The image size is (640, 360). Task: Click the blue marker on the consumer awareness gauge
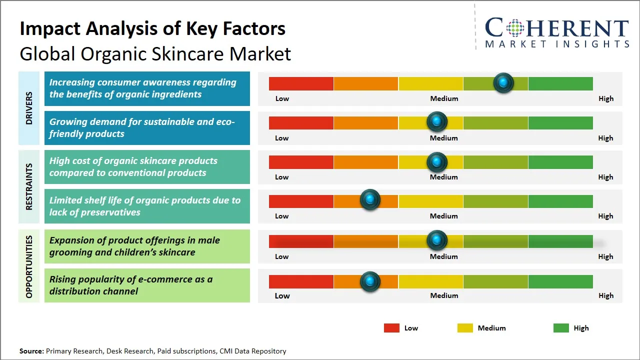point(503,82)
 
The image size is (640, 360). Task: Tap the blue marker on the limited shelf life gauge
point(370,200)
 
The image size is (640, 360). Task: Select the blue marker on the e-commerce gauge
point(370,281)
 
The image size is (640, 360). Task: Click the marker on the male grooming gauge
point(437,240)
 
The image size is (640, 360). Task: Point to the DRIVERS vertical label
point(29,108)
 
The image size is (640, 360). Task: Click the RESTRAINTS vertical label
point(29,186)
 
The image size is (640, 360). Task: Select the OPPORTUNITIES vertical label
point(29,266)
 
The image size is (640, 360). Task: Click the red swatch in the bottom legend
point(391,328)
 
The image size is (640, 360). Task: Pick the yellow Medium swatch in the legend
point(465,328)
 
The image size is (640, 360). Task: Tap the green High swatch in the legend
point(561,328)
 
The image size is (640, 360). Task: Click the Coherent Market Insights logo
point(556,33)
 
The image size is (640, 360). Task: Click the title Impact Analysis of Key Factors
point(152,28)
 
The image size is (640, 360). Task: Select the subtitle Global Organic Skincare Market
point(155,54)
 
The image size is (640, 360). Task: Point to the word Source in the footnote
point(31,351)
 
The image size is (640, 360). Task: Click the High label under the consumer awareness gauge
point(605,98)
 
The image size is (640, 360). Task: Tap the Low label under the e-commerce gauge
point(282,295)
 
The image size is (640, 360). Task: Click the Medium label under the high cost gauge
point(443,177)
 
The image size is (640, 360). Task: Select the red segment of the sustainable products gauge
point(301,123)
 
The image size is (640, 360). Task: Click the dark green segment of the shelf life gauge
point(560,201)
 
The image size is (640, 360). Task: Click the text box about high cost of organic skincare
point(147,167)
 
